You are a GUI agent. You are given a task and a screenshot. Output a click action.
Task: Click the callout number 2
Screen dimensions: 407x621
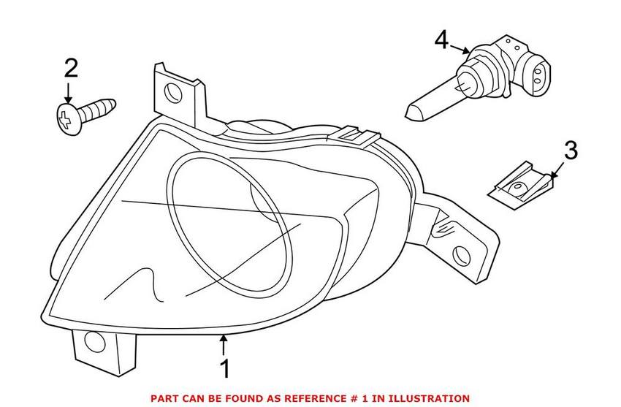pos(71,69)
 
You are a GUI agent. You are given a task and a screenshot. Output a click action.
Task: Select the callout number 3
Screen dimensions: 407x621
pos(571,151)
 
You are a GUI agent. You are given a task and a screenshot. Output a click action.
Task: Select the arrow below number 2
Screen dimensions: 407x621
pos(69,93)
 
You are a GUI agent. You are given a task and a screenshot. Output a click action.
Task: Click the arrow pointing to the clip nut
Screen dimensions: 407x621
pos(556,172)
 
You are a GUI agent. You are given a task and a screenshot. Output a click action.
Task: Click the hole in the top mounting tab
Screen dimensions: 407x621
pos(173,92)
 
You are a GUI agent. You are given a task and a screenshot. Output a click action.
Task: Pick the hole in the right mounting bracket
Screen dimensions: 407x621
pos(461,254)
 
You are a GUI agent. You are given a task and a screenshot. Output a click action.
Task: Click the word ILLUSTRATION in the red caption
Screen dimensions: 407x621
pos(426,398)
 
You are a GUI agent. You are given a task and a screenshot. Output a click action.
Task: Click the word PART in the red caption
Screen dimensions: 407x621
pos(166,398)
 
